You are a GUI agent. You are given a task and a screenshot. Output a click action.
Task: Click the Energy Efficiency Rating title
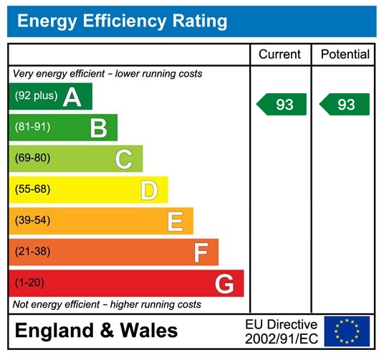[x=122, y=21]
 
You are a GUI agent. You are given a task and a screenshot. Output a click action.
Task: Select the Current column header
[x=279, y=55]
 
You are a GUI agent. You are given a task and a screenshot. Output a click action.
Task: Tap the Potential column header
[x=345, y=55]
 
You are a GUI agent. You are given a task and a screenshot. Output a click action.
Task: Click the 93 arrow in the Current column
[x=282, y=105]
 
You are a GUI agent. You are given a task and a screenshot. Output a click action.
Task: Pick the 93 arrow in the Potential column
[x=345, y=105]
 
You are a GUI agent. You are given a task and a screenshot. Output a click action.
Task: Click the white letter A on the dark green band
[x=72, y=97]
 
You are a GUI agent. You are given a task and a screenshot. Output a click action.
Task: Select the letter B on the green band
[x=98, y=128]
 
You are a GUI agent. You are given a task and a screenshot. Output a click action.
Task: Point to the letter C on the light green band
[x=124, y=159]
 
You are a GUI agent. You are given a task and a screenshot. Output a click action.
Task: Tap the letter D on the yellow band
[x=149, y=190]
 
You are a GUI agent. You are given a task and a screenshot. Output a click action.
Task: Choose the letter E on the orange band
[x=175, y=222]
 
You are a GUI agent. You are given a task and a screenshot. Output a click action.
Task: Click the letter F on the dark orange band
[x=201, y=252]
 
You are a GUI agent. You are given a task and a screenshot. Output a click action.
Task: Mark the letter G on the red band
[x=224, y=284]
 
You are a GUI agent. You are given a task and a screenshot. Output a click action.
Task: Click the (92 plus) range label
[x=36, y=96]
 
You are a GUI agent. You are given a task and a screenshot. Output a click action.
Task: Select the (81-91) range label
[x=32, y=127]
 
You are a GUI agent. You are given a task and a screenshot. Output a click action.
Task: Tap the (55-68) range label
[x=32, y=189]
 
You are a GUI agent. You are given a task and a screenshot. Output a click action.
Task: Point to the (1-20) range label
[x=29, y=283]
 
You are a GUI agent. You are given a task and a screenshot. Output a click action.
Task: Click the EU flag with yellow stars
[x=347, y=331]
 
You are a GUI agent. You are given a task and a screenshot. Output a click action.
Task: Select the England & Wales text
[x=96, y=331]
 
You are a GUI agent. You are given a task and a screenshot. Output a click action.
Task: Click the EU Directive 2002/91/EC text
[x=281, y=331]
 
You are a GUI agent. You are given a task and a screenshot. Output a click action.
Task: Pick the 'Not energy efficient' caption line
[x=107, y=305]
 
